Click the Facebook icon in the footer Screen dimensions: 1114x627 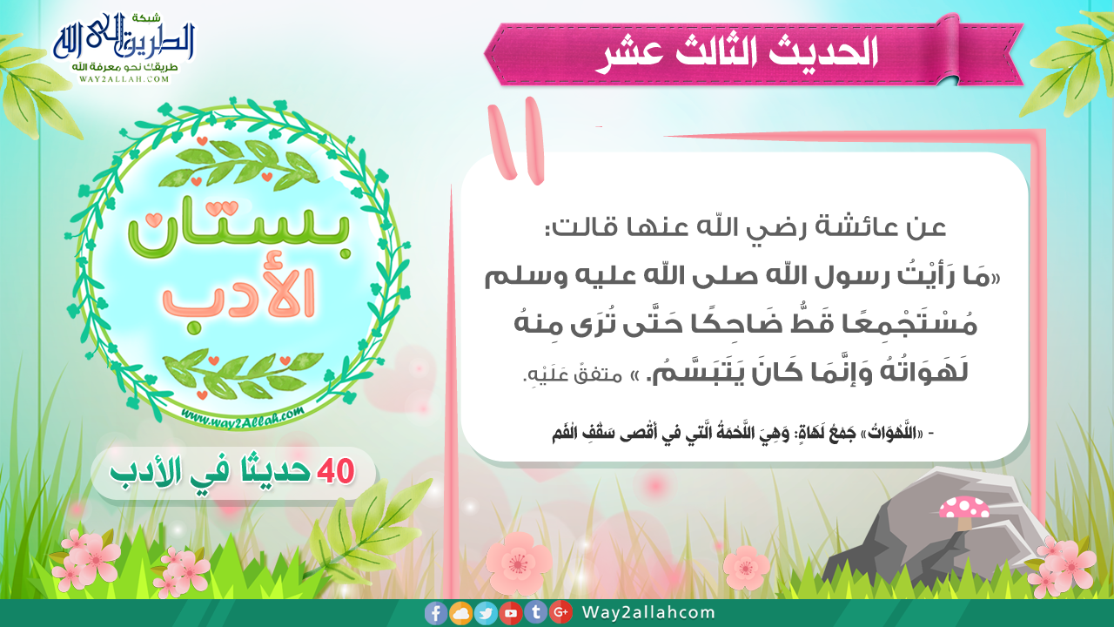436,613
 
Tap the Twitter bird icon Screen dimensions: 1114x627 486,613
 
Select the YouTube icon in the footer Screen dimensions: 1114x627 511,613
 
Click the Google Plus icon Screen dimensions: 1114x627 561,612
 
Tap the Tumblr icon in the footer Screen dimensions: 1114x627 536,612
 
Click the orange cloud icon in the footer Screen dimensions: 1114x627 461,613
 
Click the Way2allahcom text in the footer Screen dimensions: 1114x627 648,612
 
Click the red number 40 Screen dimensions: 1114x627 336,471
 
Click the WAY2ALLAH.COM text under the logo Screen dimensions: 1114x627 124,78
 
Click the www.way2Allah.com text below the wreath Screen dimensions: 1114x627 242,416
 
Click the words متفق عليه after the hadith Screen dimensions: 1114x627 573,374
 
